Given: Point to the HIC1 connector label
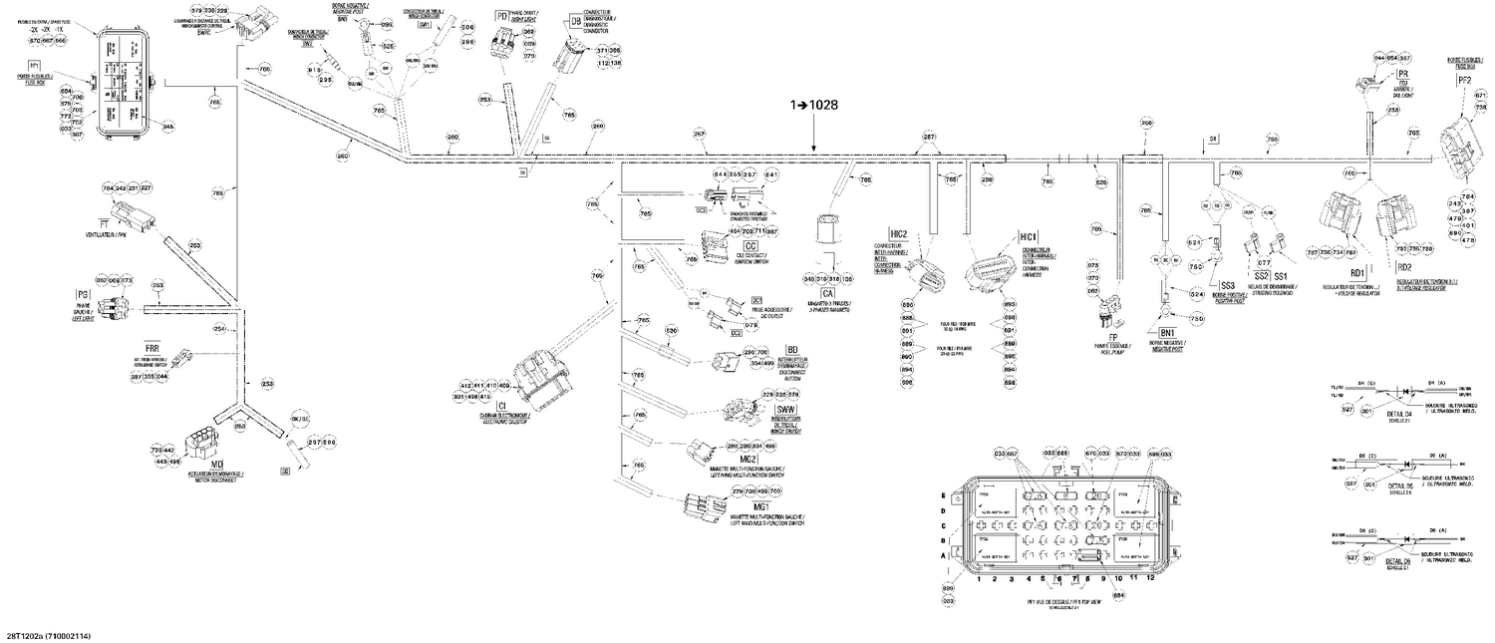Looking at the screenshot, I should coord(1029,236).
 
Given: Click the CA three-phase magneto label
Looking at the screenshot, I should coord(827,292).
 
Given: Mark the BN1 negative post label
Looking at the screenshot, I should coord(1167,332).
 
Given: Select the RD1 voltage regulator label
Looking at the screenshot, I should coord(1356,267).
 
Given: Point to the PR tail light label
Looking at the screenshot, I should coord(1402,75).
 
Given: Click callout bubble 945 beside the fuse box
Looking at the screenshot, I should coord(168,127).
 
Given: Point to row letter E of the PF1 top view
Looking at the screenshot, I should coord(944,495).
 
